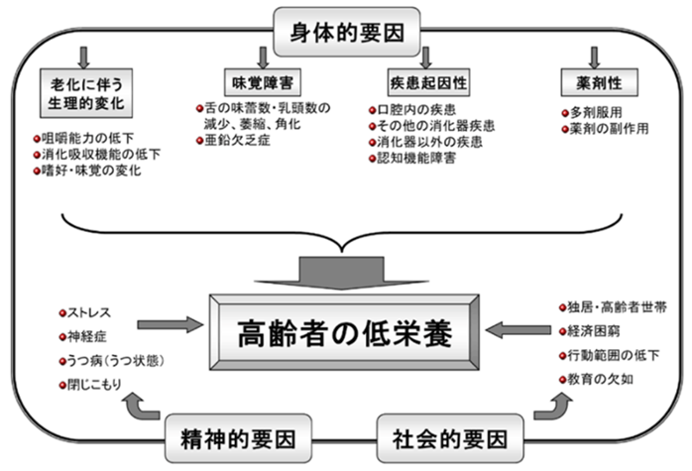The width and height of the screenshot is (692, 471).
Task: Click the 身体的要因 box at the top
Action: pyautogui.click(x=346, y=32)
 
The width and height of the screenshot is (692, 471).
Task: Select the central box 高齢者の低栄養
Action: pyautogui.click(x=344, y=332)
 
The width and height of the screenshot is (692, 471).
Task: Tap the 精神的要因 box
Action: pyautogui.click(x=238, y=438)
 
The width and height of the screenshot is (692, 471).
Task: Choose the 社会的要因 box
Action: pyautogui.click(x=450, y=438)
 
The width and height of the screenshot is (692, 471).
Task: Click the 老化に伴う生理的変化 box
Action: pyautogui.click(x=86, y=93)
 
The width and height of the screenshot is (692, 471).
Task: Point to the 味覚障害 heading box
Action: pyautogui.click(x=263, y=82)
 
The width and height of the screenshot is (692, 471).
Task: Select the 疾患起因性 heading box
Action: pyautogui.click(x=428, y=82)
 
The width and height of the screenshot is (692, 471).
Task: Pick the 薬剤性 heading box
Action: pyautogui.click(x=599, y=82)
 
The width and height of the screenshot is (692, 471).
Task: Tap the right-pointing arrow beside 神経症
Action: pyautogui.click(x=171, y=324)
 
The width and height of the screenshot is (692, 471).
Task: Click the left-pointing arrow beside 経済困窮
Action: pyautogui.click(x=519, y=330)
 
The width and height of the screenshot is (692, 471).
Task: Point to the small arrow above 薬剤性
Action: pyautogui.click(x=595, y=58)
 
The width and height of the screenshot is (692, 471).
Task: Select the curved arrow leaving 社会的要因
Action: pyautogui.click(x=554, y=407)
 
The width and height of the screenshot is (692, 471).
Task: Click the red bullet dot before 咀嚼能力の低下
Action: pyautogui.click(x=37, y=139)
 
